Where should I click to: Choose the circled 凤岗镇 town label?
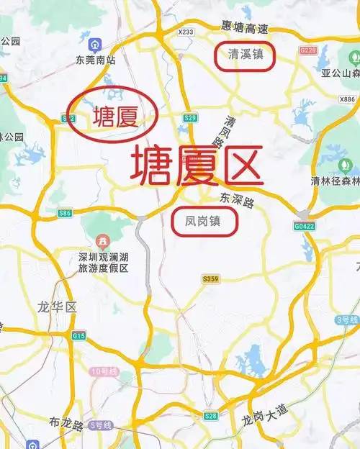click(x=207, y=222)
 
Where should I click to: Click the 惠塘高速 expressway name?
click(x=246, y=30)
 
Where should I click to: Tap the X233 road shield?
click(x=186, y=32)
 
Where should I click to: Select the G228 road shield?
click(x=309, y=50)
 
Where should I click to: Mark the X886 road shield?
click(x=347, y=99)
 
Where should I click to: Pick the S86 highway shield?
click(x=65, y=213)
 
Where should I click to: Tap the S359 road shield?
click(x=210, y=278)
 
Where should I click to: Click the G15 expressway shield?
click(x=78, y=335)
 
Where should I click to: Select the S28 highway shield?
click(x=210, y=416)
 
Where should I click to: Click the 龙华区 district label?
click(x=57, y=307)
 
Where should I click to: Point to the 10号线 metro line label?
click(x=104, y=372)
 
